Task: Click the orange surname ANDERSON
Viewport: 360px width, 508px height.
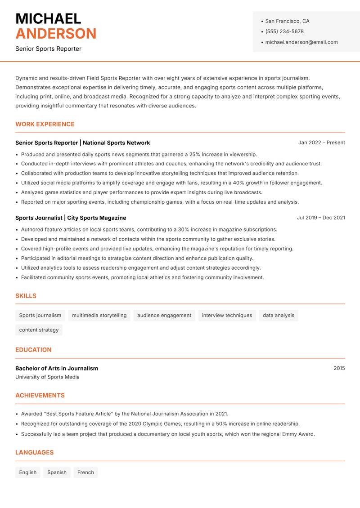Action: click(56, 34)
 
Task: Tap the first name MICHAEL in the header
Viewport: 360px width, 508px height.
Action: click(48, 18)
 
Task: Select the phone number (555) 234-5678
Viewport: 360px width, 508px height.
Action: click(284, 31)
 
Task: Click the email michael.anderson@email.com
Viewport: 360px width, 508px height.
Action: click(301, 42)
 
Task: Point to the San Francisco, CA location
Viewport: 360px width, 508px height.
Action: click(287, 21)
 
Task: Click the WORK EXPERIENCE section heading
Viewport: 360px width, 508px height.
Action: click(45, 124)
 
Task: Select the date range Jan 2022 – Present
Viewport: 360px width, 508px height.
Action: click(321, 143)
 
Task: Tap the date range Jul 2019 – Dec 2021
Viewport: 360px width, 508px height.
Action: click(320, 218)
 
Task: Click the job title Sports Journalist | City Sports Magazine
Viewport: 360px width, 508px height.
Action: click(71, 218)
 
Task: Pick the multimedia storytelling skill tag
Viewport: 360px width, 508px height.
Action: click(99, 315)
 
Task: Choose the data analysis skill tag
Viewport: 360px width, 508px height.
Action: click(278, 315)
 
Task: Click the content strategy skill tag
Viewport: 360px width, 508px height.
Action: click(39, 330)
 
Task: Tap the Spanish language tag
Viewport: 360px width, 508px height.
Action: click(57, 472)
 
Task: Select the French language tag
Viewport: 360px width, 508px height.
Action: click(85, 472)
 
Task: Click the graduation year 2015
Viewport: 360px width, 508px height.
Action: click(339, 368)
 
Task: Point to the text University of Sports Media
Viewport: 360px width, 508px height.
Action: click(47, 377)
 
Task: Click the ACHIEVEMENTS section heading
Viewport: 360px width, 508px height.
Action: click(40, 395)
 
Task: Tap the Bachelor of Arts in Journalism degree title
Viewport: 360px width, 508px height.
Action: click(57, 368)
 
